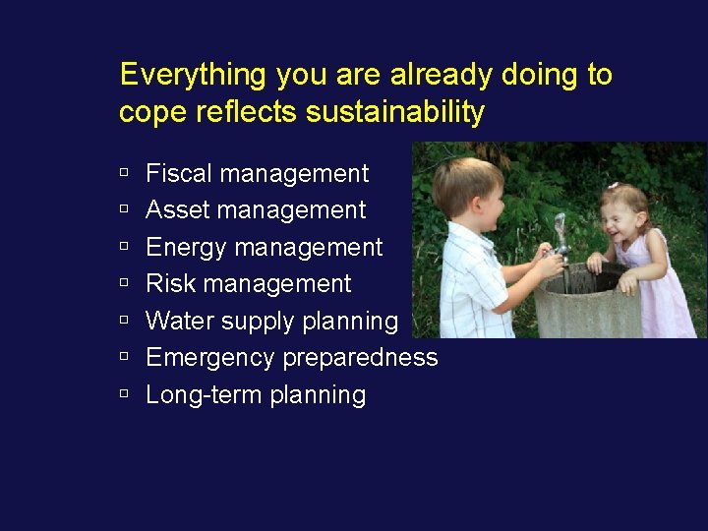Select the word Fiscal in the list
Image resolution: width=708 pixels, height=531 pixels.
(179, 174)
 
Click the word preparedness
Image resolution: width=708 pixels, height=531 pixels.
(360, 358)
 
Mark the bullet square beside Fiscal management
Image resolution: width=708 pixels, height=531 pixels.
(124, 173)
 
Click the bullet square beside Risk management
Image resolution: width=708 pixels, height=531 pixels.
(124, 283)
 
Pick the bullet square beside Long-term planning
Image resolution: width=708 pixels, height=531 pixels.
(124, 394)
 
